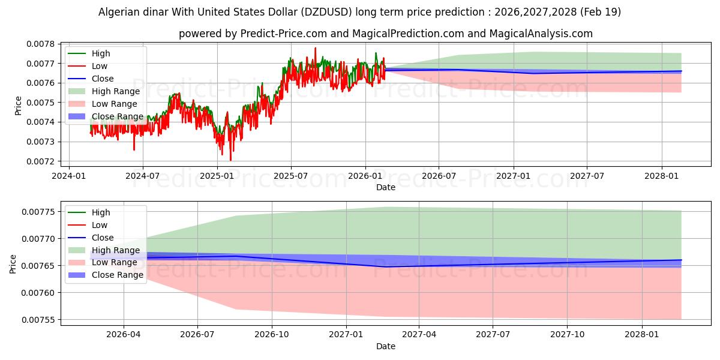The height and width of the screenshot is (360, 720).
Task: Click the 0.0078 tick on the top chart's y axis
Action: point(41,44)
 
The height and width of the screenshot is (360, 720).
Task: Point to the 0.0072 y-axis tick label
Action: point(41,161)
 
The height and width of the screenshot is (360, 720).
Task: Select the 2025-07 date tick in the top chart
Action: point(291,176)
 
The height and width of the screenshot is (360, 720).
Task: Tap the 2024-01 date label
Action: point(69,176)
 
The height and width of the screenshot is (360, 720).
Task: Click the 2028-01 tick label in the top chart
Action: point(661,176)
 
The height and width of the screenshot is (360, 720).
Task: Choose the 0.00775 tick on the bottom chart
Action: point(38,212)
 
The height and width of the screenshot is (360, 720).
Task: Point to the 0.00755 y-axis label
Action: point(38,320)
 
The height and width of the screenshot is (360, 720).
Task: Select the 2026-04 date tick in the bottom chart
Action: point(124,335)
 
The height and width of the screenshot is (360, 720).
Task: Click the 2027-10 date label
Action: point(568,335)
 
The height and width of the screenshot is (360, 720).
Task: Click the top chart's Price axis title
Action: point(18,106)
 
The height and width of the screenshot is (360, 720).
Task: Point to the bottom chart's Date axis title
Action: point(386,346)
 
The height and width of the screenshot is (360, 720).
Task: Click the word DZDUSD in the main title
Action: point(326,12)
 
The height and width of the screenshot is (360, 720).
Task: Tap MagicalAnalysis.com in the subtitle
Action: point(541,34)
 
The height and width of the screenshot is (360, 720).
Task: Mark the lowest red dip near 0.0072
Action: point(230,160)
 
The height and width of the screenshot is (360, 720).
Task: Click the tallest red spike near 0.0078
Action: point(316,49)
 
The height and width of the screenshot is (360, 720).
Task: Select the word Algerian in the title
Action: point(117,12)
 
